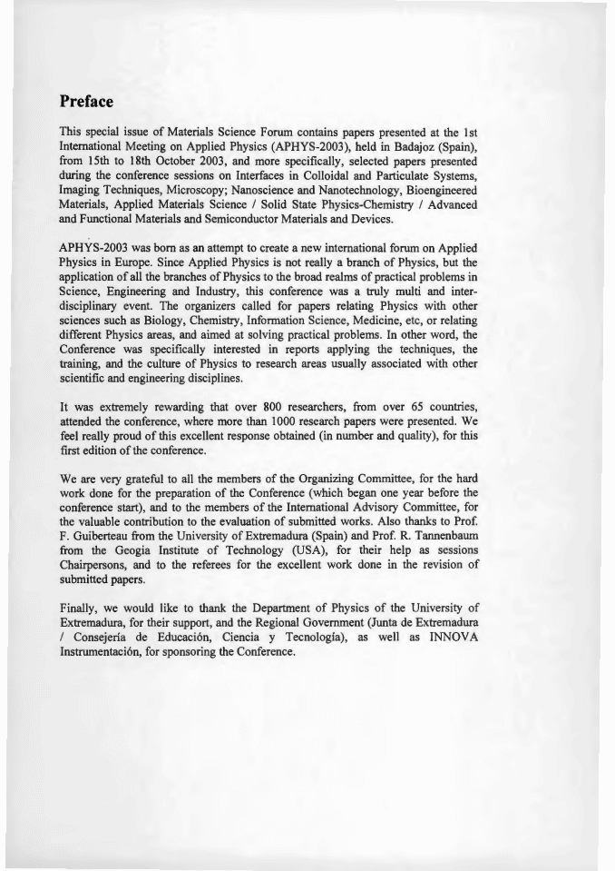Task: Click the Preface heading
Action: (86, 100)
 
